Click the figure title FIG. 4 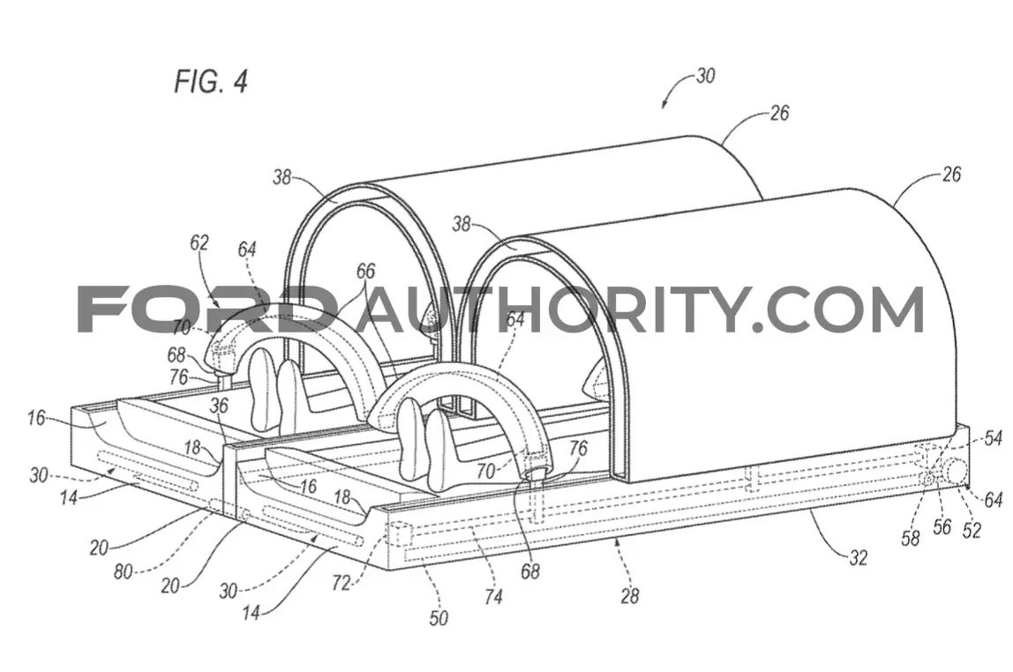tap(211, 81)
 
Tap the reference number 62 tap(199, 243)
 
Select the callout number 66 tap(365, 271)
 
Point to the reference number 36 tap(219, 406)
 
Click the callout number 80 tap(124, 572)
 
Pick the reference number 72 tap(341, 583)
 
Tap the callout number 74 tap(492, 596)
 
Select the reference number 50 tap(439, 618)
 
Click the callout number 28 tap(629, 595)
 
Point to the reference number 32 tap(858, 557)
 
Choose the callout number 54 tap(993, 438)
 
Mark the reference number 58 tap(911, 538)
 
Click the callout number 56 tap(942, 526)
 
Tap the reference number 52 tap(972, 530)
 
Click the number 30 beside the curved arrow tap(706, 76)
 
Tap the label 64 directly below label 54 tap(993, 500)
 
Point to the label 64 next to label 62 tap(247, 249)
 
